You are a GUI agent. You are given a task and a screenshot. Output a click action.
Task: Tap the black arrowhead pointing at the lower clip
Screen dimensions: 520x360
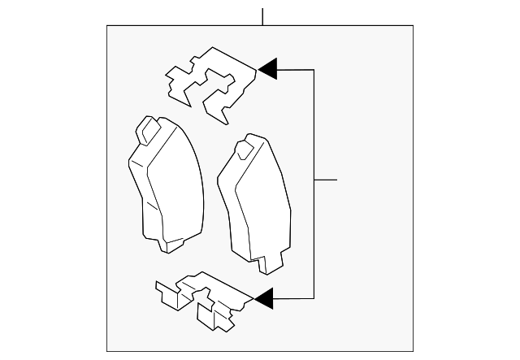[264, 299]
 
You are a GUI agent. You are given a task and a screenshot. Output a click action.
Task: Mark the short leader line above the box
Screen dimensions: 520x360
[262, 16]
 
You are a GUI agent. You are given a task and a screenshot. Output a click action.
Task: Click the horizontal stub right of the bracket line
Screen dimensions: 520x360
[325, 179]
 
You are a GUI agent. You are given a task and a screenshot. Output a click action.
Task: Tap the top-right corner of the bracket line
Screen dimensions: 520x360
[314, 70]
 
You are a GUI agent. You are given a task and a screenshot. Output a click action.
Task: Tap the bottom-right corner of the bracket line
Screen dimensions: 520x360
[314, 299]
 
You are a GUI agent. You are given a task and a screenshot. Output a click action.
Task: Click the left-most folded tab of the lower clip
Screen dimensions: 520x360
[163, 290]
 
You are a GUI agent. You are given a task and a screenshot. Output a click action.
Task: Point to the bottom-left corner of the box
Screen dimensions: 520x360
[107, 351]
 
